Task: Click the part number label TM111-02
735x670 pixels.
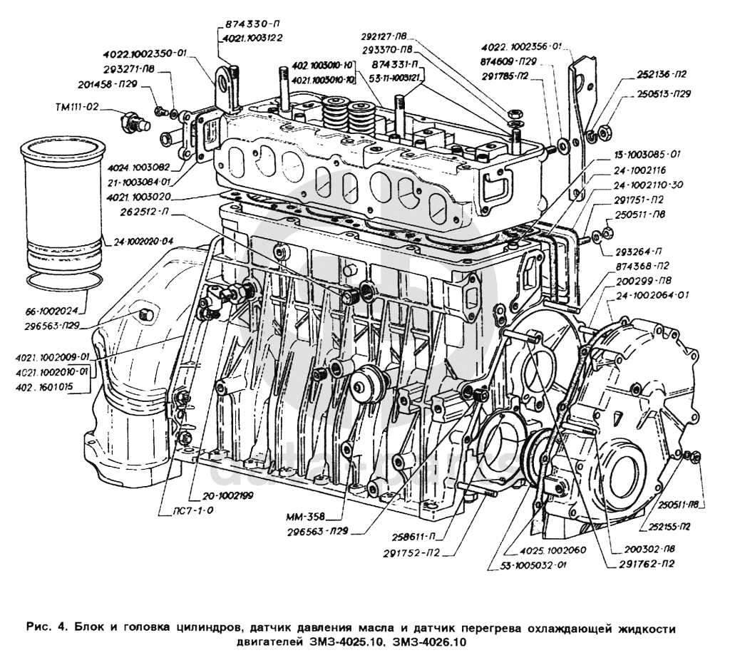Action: click(76, 108)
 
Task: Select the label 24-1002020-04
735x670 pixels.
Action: click(140, 239)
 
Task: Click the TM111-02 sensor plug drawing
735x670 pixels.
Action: click(132, 122)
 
